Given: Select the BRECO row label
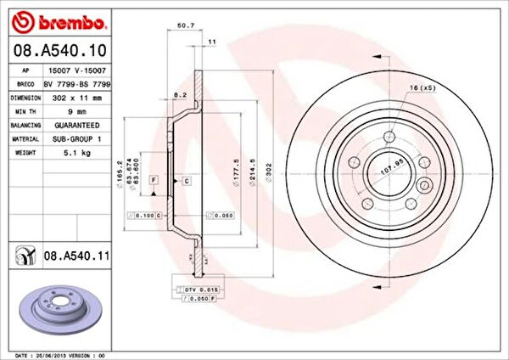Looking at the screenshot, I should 26,84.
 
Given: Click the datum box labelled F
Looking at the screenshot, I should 154,181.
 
